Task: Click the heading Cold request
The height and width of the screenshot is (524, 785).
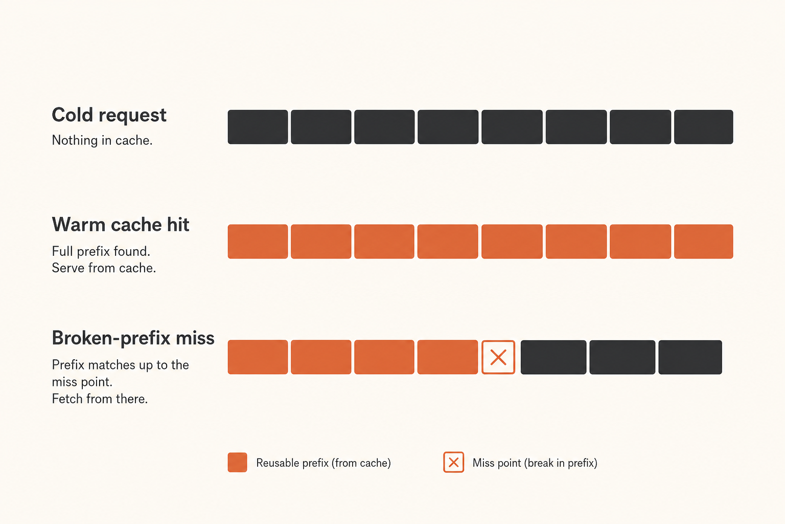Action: pyautogui.click(x=109, y=116)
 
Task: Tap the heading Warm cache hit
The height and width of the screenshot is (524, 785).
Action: pyautogui.click(x=121, y=224)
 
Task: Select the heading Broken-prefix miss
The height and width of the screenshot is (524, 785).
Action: pyautogui.click(x=133, y=338)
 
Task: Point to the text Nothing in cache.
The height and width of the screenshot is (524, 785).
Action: pyautogui.click(x=102, y=140)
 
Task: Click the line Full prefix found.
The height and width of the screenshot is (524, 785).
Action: pyautogui.click(x=101, y=251)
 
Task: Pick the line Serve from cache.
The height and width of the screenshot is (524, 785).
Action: pyautogui.click(x=104, y=268)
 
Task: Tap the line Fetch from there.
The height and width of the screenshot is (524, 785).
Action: pyautogui.click(x=100, y=399)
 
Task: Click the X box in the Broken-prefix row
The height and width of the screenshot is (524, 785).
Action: pyautogui.click(x=498, y=357)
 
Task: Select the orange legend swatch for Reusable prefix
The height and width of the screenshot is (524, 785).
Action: pyautogui.click(x=237, y=462)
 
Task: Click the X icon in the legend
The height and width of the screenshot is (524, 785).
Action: pyautogui.click(x=453, y=462)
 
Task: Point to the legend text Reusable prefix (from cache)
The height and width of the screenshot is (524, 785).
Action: pyautogui.click(x=324, y=463)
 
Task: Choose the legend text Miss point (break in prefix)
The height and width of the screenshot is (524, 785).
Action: pyautogui.click(x=535, y=463)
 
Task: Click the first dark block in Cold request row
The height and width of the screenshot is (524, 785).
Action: pyautogui.click(x=258, y=127)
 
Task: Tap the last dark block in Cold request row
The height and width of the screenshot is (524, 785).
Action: pyautogui.click(x=703, y=127)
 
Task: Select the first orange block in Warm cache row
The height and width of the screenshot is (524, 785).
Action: pyautogui.click(x=258, y=242)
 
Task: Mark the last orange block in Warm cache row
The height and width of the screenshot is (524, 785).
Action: pyautogui.click(x=703, y=242)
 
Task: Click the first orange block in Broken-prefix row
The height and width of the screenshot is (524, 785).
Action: pyautogui.click(x=258, y=357)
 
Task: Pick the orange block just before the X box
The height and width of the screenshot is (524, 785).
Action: pyautogui.click(x=448, y=357)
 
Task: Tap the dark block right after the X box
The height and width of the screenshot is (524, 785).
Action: pyautogui.click(x=553, y=357)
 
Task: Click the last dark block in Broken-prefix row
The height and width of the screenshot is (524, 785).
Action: pyautogui.click(x=690, y=357)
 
